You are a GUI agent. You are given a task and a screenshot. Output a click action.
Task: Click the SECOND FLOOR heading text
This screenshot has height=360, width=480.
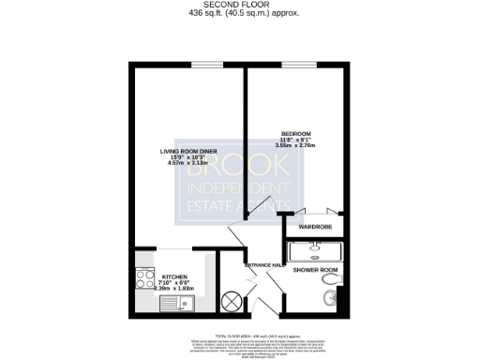pyautogui.click(x=240, y=5)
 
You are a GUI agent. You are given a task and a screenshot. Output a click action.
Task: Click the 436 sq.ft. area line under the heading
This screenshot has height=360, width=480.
pyautogui.click(x=240, y=14)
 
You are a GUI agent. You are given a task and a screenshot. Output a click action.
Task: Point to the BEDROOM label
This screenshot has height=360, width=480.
pyautogui.click(x=295, y=133)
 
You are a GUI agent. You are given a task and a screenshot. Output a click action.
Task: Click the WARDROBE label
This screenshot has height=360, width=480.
pyautogui.click(x=314, y=227)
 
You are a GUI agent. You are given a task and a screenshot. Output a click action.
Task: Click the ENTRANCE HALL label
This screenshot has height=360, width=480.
pyautogui.click(x=263, y=265)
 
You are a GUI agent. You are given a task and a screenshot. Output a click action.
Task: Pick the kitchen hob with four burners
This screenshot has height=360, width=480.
pyautogui.click(x=146, y=276)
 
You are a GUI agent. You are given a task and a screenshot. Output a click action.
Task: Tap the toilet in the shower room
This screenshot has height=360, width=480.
pyautogui.click(x=327, y=298)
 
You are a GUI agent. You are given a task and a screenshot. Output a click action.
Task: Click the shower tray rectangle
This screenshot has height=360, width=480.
pyautogui.click(x=314, y=251)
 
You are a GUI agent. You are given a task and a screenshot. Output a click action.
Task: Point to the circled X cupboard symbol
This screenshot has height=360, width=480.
pyautogui.click(x=230, y=301)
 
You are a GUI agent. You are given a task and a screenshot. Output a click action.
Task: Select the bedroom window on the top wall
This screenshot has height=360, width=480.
pyautogui.click(x=295, y=65)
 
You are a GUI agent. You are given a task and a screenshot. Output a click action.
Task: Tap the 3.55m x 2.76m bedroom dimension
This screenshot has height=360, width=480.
pyautogui.click(x=295, y=147)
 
